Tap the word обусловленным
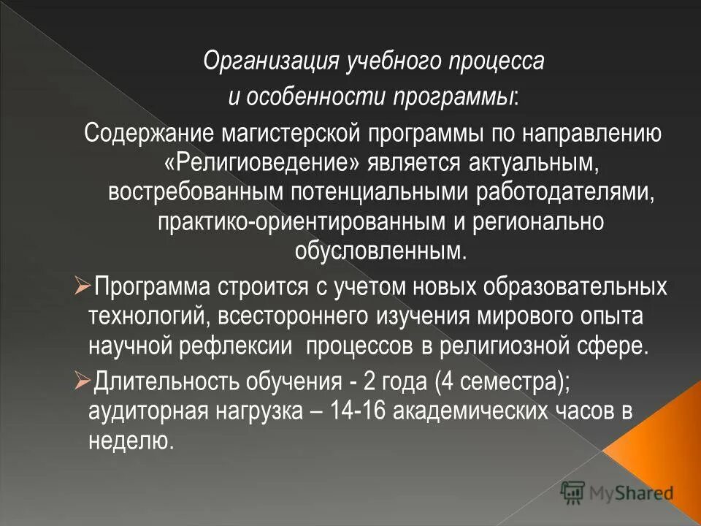pyautogui.click(x=380, y=251)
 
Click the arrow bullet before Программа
pyautogui.click(x=82, y=284)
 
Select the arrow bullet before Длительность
pyautogui.click(x=82, y=378)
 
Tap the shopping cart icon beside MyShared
pyautogui.click(x=573, y=493)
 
